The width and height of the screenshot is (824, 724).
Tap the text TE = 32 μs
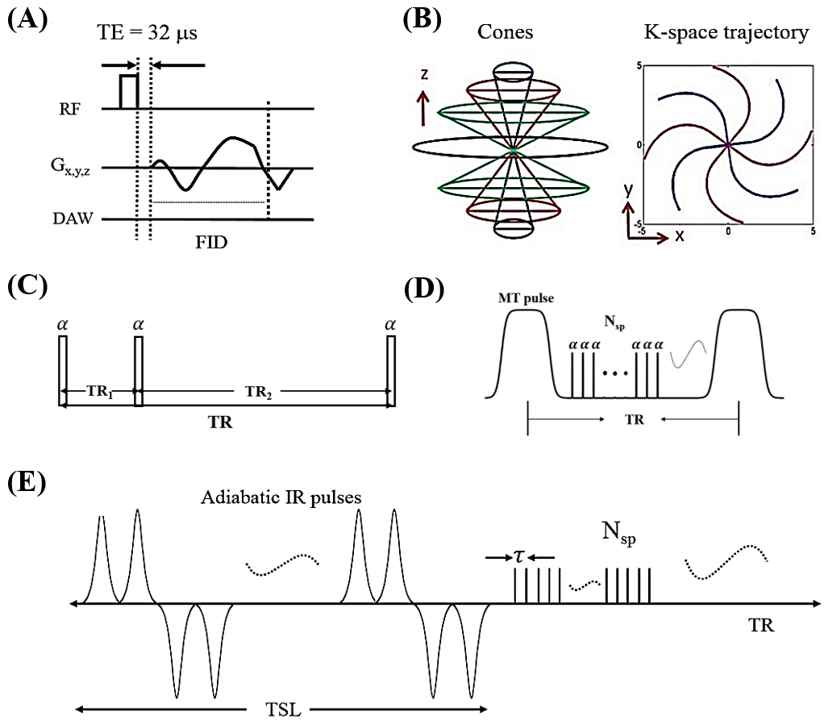[147, 32]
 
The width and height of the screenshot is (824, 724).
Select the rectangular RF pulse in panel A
[129, 92]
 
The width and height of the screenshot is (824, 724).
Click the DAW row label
[73, 218]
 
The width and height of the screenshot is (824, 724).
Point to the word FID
[211, 242]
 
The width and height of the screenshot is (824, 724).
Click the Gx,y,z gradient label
[70, 166]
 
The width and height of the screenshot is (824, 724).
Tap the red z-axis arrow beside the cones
[423, 108]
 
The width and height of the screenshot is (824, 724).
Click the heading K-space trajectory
[726, 32]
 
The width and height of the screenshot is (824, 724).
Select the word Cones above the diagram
[505, 32]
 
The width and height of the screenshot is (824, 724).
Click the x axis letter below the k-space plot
[680, 236]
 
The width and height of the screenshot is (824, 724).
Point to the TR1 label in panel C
[100, 391]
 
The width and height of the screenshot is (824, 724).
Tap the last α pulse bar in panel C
[391, 371]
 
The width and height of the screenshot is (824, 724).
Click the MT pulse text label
[526, 298]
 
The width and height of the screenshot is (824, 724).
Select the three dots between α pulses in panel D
[615, 373]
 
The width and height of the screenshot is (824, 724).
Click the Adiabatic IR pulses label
[281, 497]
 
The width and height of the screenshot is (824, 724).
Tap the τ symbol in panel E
[518, 556]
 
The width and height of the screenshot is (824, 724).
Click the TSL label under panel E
[283, 710]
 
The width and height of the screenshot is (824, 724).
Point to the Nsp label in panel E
[619, 533]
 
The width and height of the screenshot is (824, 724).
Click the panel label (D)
[423, 289]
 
